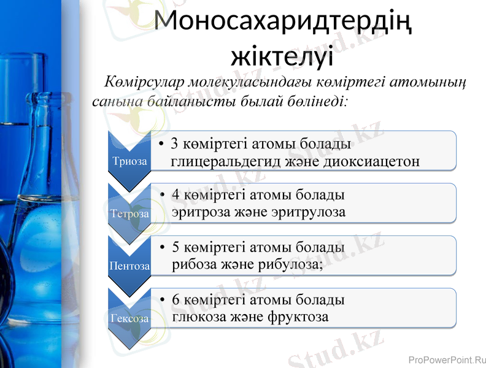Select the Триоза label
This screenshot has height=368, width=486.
coord(129,161)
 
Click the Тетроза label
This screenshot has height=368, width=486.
coord(129,214)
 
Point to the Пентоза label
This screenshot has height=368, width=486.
coord(129,266)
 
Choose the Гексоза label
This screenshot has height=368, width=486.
coord(129,319)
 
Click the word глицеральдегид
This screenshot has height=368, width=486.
coord(225,161)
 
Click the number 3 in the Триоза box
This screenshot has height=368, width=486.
coord(175,144)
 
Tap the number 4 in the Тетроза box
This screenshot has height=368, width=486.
coord(176,194)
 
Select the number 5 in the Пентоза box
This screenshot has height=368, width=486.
coord(176,247)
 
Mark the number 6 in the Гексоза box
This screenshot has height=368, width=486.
coord(176,300)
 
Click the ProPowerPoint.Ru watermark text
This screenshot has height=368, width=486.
coord(446,360)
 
